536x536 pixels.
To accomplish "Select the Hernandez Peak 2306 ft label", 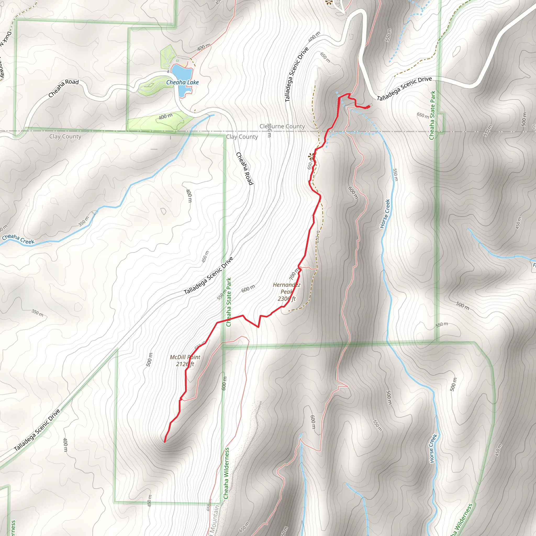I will point(287,292).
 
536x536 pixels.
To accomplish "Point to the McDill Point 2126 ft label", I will point(185,360).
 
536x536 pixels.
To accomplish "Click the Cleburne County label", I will point(282,126).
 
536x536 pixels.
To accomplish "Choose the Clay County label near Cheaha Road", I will point(242,137).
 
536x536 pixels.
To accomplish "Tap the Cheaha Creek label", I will point(18,239).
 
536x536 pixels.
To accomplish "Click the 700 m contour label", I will point(294,273).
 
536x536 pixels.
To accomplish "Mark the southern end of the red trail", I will point(165,442).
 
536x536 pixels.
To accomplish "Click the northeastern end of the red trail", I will point(369,106).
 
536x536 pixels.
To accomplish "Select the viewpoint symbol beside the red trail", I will point(311,157).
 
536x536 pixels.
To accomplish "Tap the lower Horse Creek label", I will point(433,449).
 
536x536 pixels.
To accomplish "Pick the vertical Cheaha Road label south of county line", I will point(245,168).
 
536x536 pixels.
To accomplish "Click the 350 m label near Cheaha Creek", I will point(83,221).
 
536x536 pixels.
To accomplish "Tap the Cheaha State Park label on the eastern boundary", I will point(433,115).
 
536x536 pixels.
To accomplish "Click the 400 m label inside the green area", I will point(165,116).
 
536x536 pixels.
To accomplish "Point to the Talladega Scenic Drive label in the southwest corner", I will point(37,430).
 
